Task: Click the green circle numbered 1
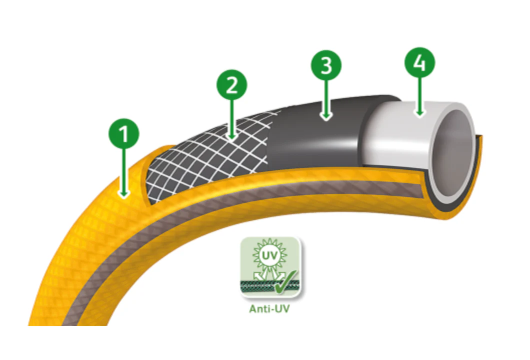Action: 123,133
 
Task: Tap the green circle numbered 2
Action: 232,85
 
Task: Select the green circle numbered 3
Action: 326,65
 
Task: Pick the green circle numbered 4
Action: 420,62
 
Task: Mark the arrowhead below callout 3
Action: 326,116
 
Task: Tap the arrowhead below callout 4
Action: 420,113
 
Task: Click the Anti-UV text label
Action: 269,309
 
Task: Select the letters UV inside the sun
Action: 269,255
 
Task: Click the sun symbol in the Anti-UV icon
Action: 269,255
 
